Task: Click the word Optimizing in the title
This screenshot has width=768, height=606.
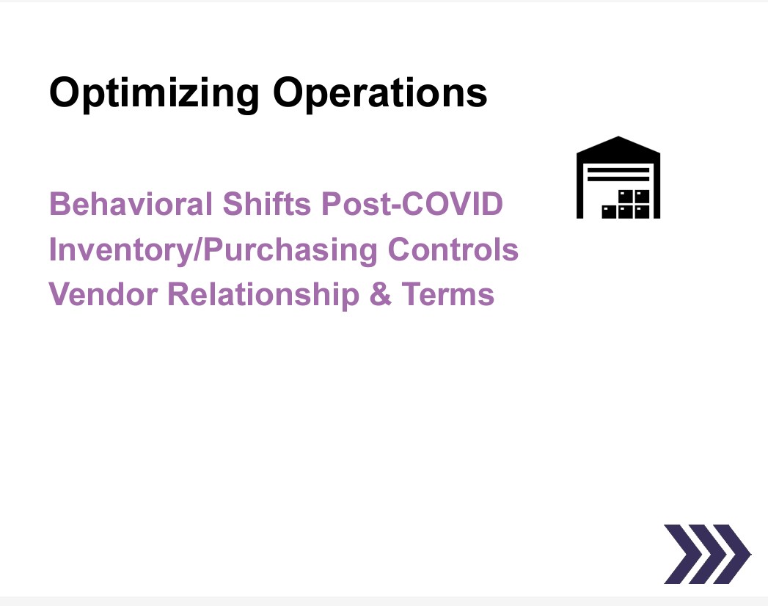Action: [x=154, y=94]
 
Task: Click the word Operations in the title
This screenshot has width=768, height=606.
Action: [x=380, y=94]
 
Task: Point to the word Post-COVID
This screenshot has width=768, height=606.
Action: [x=412, y=203]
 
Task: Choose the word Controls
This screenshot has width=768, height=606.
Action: [x=453, y=249]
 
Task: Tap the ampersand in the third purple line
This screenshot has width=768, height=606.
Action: [x=381, y=294]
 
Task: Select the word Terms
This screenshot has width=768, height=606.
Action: [x=447, y=294]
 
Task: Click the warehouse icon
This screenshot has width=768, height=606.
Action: [x=618, y=178]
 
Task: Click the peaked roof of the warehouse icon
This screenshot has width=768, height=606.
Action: [x=618, y=145]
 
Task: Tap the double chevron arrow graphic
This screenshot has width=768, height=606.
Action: [x=706, y=554]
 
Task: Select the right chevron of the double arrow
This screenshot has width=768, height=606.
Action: [x=726, y=554]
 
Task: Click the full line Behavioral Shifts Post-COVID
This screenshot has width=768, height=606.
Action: [x=276, y=203]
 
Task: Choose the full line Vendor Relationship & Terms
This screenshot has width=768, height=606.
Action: [x=271, y=294]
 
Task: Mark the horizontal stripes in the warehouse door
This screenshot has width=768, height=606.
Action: [x=618, y=174]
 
